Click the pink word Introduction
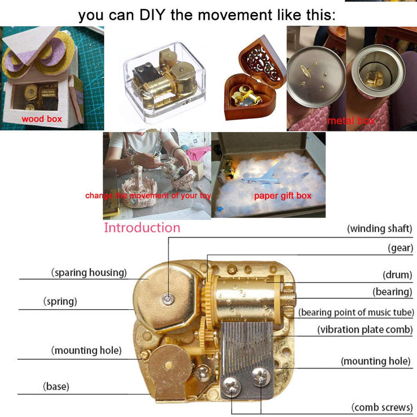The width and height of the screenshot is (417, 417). [x=142, y=228]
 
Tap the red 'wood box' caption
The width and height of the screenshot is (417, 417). [x=42, y=119]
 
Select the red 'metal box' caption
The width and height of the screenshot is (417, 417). [x=352, y=120]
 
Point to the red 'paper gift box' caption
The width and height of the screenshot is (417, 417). [x=283, y=196]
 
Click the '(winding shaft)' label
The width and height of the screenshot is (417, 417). [x=379, y=229]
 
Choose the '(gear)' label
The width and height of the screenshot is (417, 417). [x=400, y=248]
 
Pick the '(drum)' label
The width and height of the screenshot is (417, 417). [x=397, y=275]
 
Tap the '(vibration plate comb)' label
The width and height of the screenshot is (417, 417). [x=365, y=330]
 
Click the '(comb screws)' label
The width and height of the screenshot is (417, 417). [x=382, y=407]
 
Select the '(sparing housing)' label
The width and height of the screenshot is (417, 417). [x=89, y=273]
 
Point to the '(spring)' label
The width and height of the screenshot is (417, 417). [x=60, y=302]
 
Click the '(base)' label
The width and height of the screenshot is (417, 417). [x=56, y=386]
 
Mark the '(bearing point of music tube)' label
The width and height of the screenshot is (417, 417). [x=356, y=312]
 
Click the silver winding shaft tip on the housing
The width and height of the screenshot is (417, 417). [x=168, y=298]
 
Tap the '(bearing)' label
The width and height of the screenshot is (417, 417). [x=392, y=292]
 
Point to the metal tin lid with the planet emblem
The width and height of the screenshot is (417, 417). [x=316, y=76]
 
